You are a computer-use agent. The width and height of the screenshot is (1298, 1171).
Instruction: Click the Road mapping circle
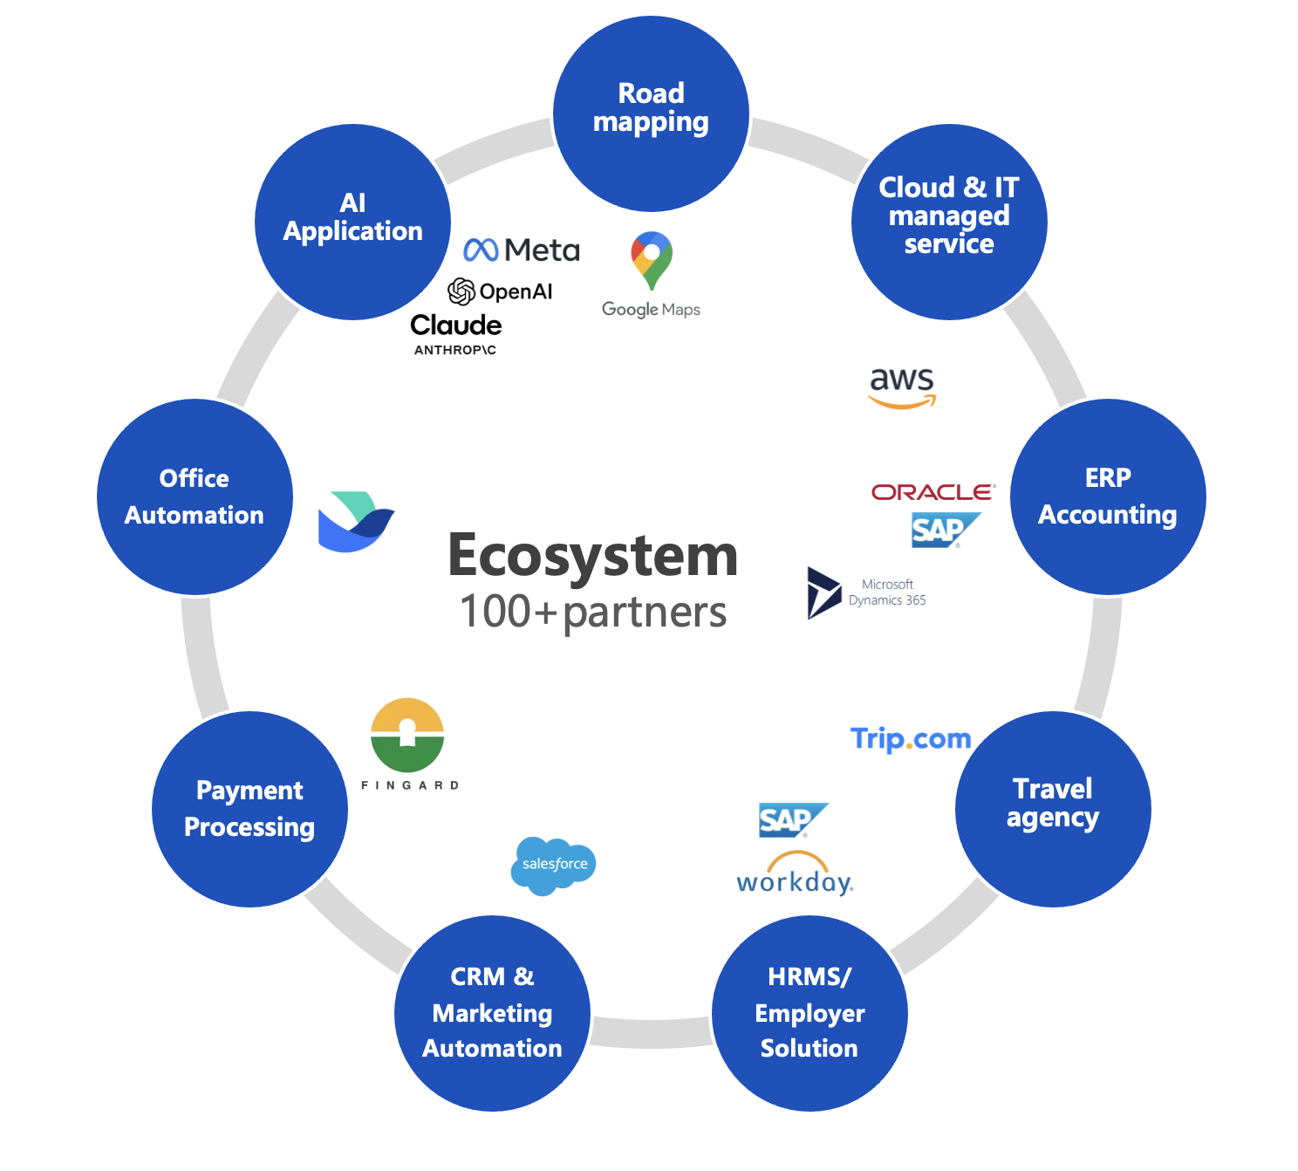[651, 113]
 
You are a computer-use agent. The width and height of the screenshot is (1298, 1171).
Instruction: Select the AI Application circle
[352, 222]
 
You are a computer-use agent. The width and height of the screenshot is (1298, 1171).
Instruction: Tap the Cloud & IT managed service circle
[949, 222]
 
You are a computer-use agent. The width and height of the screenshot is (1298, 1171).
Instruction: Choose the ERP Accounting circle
[1108, 496]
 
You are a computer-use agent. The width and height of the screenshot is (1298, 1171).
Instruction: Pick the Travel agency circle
[1053, 809]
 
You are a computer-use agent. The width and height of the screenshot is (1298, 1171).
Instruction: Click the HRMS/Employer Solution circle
[810, 1013]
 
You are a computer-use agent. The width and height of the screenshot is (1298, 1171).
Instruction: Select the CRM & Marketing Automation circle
[492, 1013]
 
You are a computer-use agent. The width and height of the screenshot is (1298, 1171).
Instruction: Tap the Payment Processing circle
[249, 809]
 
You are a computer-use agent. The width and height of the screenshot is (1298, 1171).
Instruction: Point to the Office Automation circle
[195, 496]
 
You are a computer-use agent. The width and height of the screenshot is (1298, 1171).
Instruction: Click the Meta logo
[522, 250]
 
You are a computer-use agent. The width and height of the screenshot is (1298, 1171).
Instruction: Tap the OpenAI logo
[500, 291]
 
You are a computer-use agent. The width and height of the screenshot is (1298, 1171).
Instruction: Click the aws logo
[902, 387]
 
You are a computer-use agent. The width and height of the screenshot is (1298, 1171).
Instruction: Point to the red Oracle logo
[933, 492]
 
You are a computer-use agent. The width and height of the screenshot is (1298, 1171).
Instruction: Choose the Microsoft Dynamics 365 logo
[866, 592]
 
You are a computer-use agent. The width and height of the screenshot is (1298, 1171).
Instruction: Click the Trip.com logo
[910, 739]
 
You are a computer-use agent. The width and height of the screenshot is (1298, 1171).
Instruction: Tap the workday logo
[795, 875]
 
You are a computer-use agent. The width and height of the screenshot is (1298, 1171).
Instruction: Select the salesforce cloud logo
[553, 865]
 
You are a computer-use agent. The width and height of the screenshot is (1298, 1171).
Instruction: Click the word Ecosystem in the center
[593, 556]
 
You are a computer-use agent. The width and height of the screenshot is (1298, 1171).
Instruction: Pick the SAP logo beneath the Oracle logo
[942, 530]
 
